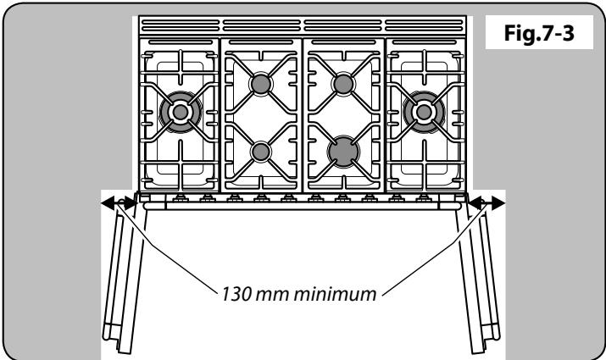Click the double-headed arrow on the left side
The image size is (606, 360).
(118, 202)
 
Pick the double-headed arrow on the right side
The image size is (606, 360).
(487, 202)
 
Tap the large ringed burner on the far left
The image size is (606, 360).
(180, 109)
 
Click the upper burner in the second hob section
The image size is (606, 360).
(259, 84)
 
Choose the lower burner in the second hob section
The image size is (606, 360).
(259, 152)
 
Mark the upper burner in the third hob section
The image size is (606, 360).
(343, 84)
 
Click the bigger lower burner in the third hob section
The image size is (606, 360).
(343, 152)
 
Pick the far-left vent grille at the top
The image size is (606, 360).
(179, 26)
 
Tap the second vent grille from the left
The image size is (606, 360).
(261, 26)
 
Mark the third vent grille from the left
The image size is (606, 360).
(343, 26)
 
